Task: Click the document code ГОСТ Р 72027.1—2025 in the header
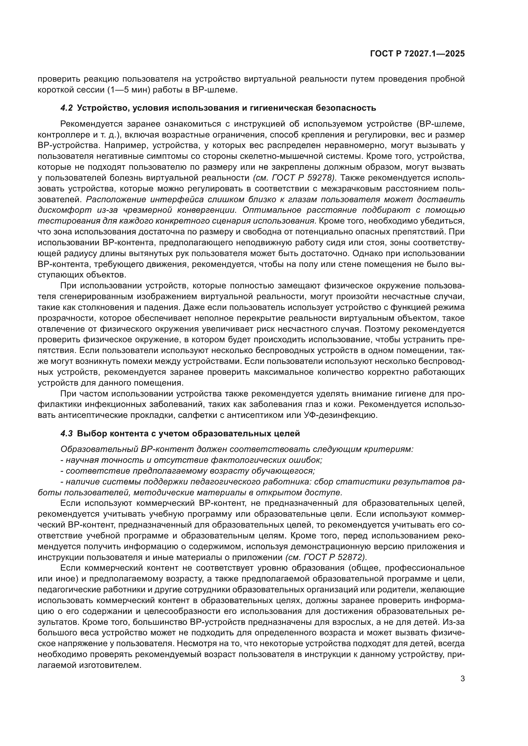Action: pos(418,54)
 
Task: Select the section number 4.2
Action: pos(66,108)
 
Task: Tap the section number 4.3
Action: pos(66,433)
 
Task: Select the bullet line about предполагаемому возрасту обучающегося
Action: pos(190,471)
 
